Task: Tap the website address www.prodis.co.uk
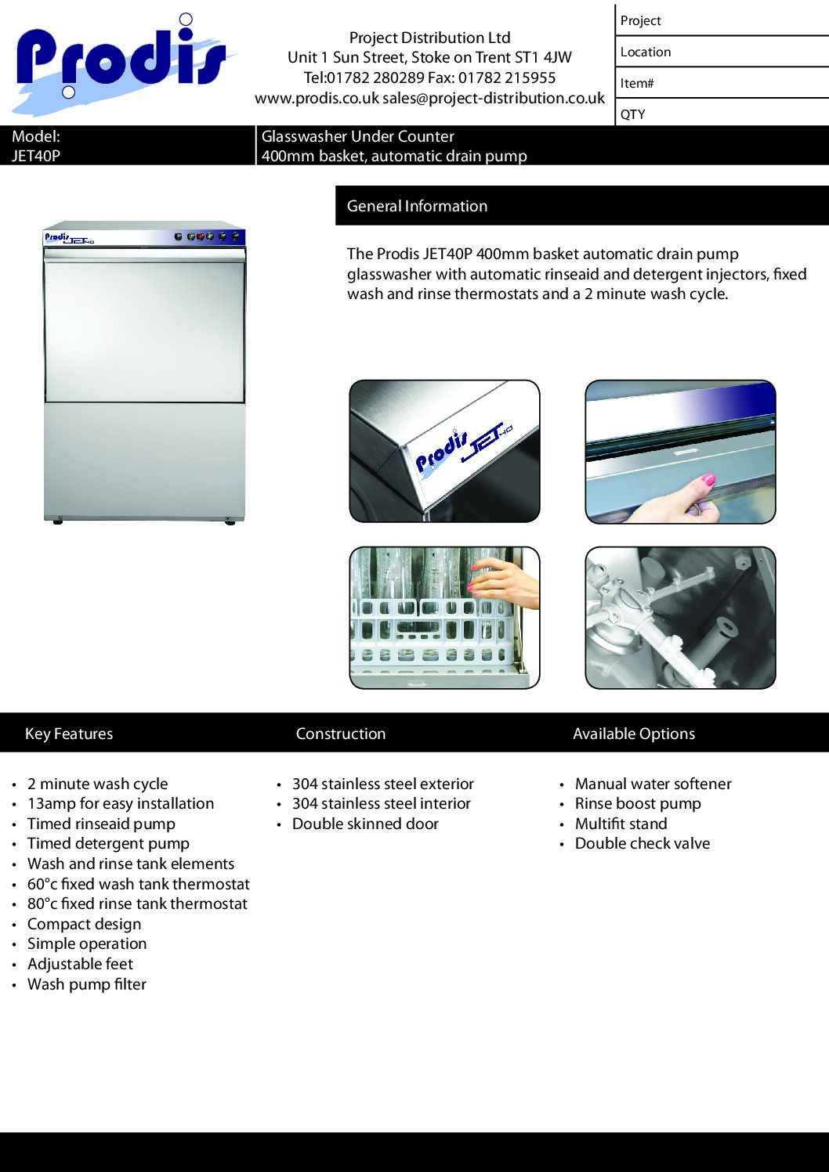pos(317,99)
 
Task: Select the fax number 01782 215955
pos(507,78)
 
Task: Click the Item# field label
pos(637,83)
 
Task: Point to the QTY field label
pos(633,114)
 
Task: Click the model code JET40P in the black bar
pos(36,156)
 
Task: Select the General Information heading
pos(417,206)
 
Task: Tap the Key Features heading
pos(69,734)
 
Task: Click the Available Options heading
pos(633,734)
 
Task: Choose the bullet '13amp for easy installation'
pos(121,804)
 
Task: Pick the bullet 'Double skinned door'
pos(365,824)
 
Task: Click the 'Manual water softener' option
pos(653,784)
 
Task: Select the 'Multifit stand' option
pos(621,824)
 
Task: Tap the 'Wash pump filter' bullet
pos(87,984)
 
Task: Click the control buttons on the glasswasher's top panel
pos(207,236)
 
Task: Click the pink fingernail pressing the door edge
pos(708,479)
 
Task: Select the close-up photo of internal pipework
pos(680,618)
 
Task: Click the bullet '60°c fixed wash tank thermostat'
pos(139,884)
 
